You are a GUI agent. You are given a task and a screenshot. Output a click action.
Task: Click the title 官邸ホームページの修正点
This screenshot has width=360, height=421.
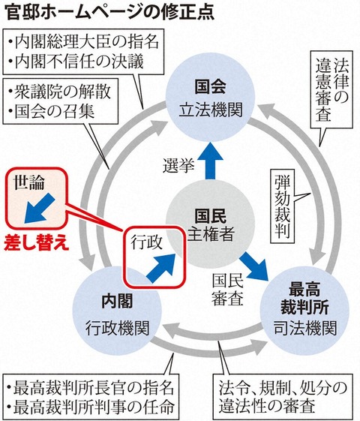pos(109,12)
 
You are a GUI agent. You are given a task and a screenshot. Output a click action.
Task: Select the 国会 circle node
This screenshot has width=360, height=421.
pos(210,98)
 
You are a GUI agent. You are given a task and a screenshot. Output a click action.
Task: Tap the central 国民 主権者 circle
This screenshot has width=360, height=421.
pos(210,224)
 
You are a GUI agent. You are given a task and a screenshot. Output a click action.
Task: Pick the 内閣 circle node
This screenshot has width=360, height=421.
pos(117,311)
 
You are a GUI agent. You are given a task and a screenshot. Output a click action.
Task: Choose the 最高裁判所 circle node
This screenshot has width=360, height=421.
pos(304,311)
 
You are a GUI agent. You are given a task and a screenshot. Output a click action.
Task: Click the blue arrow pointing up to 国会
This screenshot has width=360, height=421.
pos(211,161)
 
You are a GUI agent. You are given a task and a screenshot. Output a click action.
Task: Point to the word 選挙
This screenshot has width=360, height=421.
pos(178,165)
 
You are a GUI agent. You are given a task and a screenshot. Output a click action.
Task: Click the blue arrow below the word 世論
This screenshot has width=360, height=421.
pos(40,209)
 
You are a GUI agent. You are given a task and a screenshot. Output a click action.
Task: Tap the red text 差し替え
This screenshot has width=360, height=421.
pos(37,244)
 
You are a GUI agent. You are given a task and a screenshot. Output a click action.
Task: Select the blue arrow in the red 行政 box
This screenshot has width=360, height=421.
pos(161,268)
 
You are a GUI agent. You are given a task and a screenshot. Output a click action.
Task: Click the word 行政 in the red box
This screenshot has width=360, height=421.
pos(146,242)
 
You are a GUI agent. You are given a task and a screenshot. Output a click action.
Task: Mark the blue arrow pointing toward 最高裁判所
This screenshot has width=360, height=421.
pos(254,266)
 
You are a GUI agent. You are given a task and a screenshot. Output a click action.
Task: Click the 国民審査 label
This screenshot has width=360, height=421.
pos(228,290)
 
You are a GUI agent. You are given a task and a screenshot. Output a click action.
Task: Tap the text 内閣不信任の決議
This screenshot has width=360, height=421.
pos(79,62)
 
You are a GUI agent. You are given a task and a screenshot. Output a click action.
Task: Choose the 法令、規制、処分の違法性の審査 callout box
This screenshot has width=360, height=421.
pos(282,396)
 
